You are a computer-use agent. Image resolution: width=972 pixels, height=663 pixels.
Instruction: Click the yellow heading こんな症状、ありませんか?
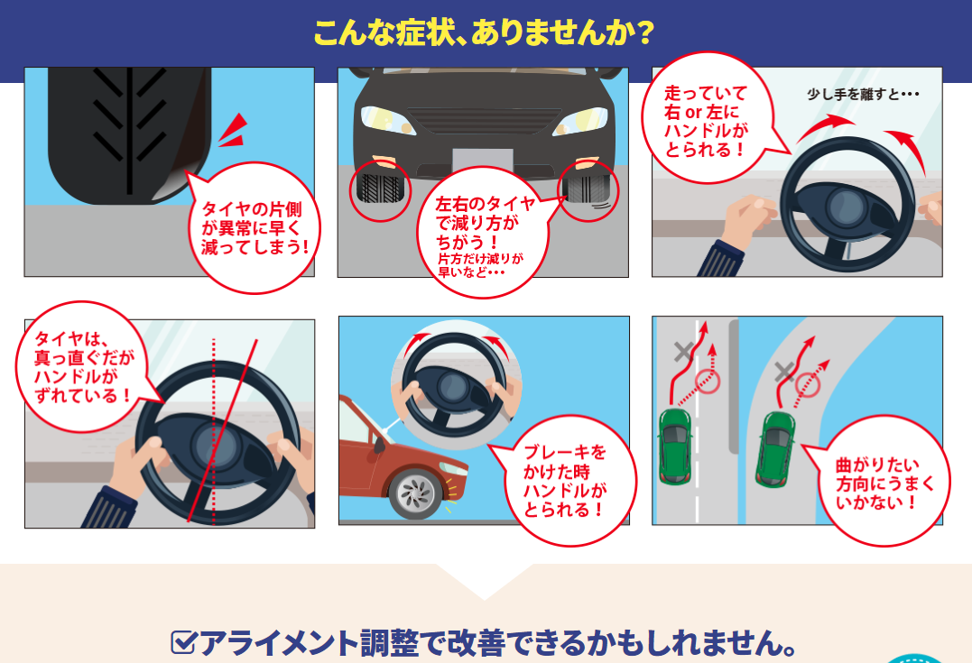click(x=484, y=32)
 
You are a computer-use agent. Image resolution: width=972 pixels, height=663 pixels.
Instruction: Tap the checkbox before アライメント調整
click(x=183, y=642)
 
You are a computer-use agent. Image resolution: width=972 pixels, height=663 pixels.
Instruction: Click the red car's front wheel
click(x=415, y=493)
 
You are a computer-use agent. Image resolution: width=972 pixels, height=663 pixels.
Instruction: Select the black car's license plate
click(x=483, y=161)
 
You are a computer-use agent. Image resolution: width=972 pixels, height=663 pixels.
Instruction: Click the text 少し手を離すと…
click(x=863, y=94)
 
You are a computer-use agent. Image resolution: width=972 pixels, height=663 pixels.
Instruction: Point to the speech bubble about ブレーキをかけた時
click(x=564, y=480)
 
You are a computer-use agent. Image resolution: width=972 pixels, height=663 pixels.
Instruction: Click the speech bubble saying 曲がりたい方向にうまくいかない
click(x=880, y=482)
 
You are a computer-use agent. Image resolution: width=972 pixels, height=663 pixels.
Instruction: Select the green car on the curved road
click(x=775, y=448)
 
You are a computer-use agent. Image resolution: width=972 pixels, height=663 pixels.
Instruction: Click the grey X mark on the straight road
click(x=684, y=352)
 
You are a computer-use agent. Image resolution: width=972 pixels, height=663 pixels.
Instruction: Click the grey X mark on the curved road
click(x=785, y=372)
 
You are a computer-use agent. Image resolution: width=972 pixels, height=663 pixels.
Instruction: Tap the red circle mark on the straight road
click(x=708, y=381)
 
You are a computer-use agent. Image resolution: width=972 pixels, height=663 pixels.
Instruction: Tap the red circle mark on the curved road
click(x=808, y=385)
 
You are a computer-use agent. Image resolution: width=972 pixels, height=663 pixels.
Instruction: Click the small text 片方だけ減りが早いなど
click(x=480, y=264)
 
